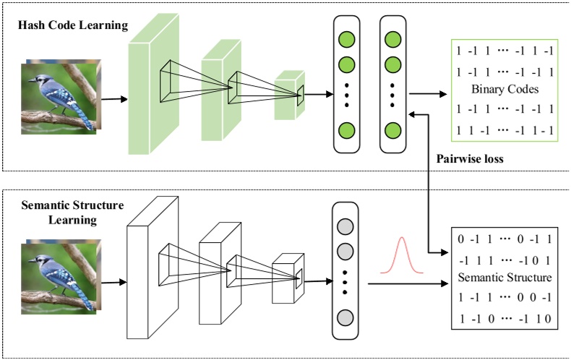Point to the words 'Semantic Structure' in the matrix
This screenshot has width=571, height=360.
505,278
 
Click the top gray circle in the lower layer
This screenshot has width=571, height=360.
345,221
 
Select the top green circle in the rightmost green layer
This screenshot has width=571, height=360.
392,37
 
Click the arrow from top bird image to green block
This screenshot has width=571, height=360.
111,100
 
